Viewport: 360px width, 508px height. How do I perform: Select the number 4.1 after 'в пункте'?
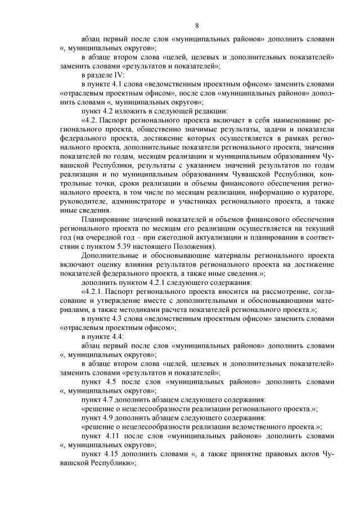(119, 83)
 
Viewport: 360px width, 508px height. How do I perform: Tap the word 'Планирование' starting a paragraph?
(107, 218)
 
